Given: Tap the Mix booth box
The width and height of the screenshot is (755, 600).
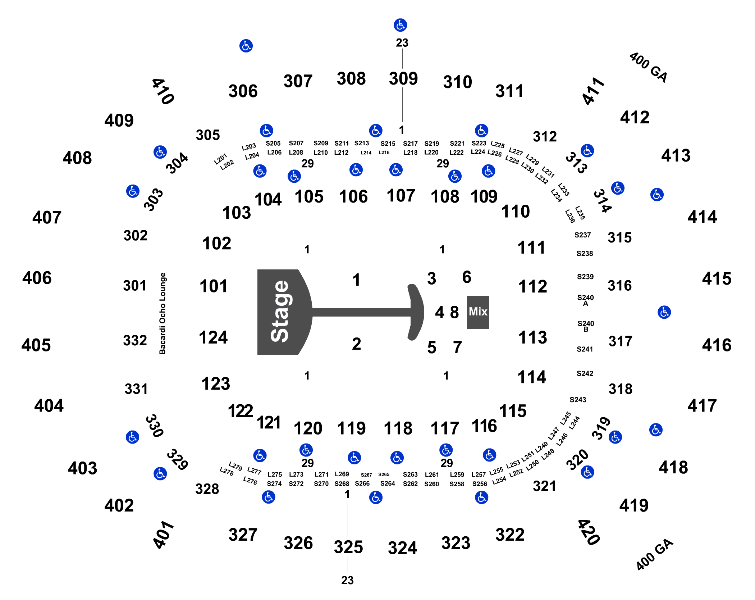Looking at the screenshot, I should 478,312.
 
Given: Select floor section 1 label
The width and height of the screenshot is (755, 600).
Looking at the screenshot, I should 356,280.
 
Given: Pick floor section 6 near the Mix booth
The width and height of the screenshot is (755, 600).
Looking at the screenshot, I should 467,277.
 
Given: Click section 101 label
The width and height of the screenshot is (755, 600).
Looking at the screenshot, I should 213,287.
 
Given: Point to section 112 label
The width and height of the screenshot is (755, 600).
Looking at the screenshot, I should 532,287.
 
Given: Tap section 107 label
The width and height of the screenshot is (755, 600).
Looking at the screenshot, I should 401,196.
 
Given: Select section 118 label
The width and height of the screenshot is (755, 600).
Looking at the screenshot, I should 398,428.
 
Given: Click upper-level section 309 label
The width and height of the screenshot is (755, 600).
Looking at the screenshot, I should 403,79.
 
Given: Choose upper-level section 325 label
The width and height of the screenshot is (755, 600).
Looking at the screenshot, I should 348,547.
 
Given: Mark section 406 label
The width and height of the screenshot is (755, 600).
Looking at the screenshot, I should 37,278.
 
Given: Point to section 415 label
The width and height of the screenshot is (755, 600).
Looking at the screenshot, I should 717,279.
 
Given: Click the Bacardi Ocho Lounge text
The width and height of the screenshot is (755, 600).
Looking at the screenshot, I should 163,313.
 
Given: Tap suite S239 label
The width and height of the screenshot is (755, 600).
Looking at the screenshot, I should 585,277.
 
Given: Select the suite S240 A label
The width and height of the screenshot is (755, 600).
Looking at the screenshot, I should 585,300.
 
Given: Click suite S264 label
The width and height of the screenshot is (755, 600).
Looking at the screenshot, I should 388,483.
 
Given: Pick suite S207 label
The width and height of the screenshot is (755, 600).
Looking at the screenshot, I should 296,143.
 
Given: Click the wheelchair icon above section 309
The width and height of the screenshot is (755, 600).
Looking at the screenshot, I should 400,25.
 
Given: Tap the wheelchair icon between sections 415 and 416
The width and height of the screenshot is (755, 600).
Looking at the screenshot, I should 664,312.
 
